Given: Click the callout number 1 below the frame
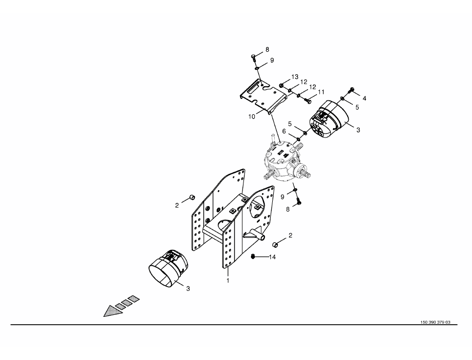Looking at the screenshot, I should click(228, 281).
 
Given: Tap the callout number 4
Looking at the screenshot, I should click(364, 98).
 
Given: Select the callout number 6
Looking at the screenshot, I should click(284, 131).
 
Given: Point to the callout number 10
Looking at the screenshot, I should click(252, 116).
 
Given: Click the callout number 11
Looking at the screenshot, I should click(321, 92).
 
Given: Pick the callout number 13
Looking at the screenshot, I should click(295, 77).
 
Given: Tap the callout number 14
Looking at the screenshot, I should click(272, 257).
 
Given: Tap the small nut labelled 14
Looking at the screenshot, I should click(253, 256).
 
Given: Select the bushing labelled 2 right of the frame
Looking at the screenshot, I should click(275, 244).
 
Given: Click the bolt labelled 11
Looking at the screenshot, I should click(307, 101).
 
